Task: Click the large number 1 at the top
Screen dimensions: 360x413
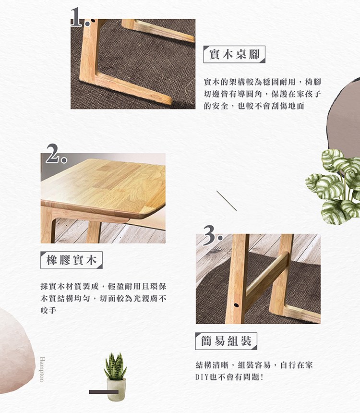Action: click(76, 17)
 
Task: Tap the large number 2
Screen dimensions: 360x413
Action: click(54, 154)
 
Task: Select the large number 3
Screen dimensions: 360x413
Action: click(210, 235)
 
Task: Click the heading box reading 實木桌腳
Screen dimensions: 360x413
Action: click(234, 54)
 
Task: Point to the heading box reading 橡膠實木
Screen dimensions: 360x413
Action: click(72, 260)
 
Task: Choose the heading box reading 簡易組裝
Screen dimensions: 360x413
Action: click(226, 341)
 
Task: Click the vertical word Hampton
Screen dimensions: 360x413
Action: click(42, 369)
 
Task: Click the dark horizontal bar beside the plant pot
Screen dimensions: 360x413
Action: click(104, 392)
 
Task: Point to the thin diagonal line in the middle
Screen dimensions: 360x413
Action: click(227, 201)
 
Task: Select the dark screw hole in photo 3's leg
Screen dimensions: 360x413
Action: click(236, 305)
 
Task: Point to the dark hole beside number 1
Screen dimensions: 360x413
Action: click(93, 21)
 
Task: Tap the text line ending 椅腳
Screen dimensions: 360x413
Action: click(263, 82)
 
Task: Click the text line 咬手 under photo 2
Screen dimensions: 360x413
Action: click(48, 311)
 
